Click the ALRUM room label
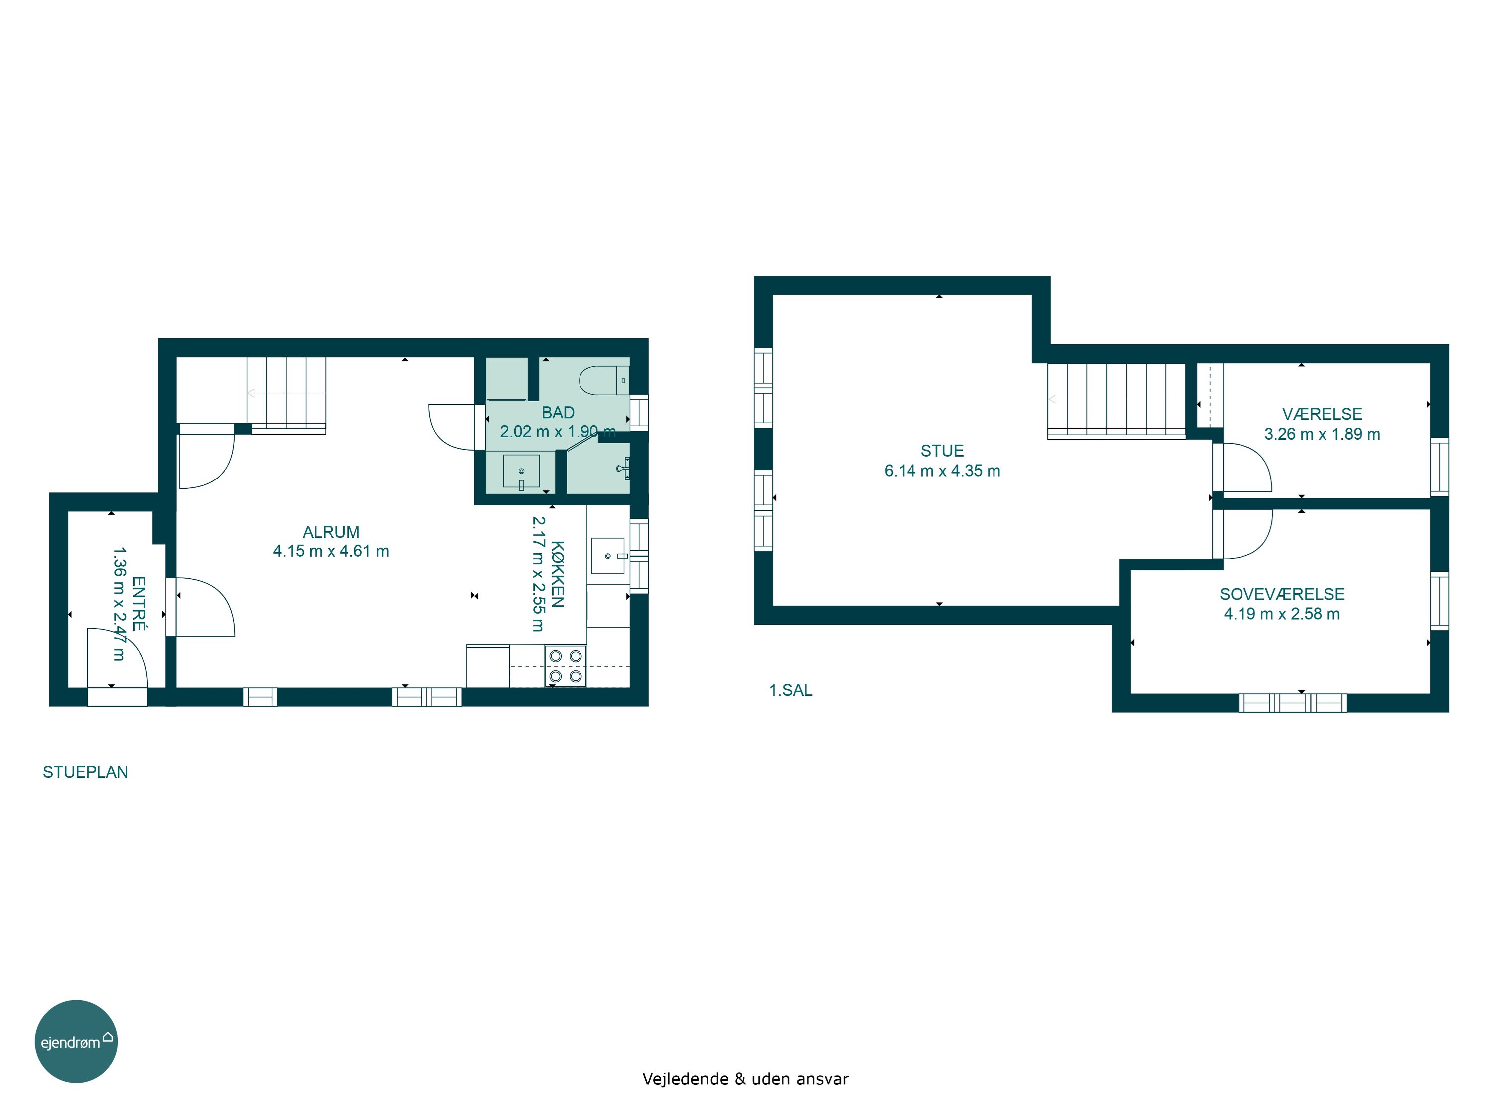[331, 532]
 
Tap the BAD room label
[558, 412]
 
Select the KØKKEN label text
[558, 574]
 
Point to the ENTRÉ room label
[139, 603]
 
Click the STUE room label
[942, 451]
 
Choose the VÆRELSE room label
[1322, 414]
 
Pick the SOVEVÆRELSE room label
[1282, 594]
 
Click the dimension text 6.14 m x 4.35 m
[942, 471]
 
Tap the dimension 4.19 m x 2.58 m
[1282, 613]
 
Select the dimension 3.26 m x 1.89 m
[1322, 434]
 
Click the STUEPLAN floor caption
[85, 772]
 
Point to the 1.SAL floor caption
[791, 690]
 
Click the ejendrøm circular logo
[76, 1041]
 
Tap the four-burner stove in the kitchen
[566, 666]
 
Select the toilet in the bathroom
[604, 380]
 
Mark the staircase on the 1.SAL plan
[1116, 401]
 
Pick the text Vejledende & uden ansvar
[745, 1079]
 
